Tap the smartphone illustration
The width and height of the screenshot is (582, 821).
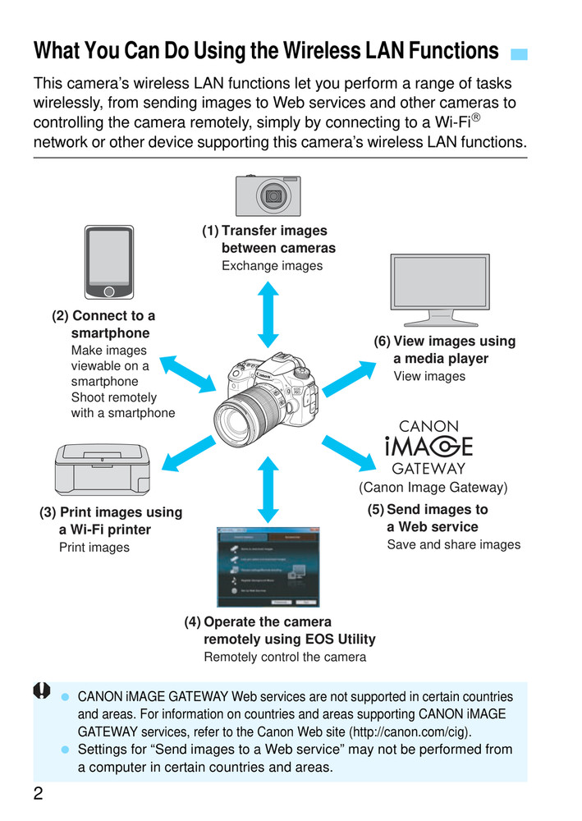(x=108, y=262)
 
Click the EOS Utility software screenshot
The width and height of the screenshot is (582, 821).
(x=268, y=566)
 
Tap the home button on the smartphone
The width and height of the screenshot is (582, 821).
(x=108, y=291)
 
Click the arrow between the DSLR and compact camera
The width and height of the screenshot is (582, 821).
(x=268, y=314)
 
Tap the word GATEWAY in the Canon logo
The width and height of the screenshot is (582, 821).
(x=428, y=470)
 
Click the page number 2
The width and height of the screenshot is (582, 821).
(x=39, y=794)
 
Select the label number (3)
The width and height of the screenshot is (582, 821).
(x=48, y=512)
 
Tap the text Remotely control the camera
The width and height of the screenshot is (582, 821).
(x=285, y=657)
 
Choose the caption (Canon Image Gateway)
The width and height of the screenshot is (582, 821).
(x=433, y=488)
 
